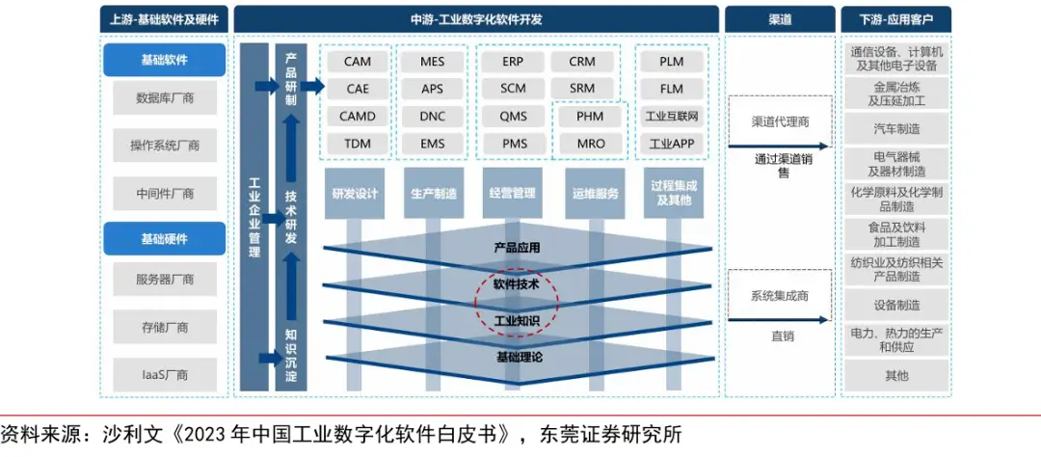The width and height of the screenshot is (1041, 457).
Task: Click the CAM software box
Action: [x=357, y=61]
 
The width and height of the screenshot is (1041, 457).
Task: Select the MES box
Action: [x=432, y=61]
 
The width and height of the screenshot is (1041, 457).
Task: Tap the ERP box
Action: [x=513, y=61]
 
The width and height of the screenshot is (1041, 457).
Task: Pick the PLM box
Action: [x=672, y=61]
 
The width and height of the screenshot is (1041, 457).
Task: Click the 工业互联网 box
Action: [x=672, y=117]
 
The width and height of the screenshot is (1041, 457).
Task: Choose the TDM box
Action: [x=357, y=144]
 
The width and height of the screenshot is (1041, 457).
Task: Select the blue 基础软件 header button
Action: [x=164, y=60]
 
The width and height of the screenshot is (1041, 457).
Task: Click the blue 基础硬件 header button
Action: [x=164, y=238]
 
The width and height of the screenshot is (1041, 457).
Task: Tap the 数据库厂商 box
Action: [x=164, y=97]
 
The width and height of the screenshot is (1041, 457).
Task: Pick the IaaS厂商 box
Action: [x=164, y=375]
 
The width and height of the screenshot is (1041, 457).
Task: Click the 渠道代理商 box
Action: [x=780, y=122]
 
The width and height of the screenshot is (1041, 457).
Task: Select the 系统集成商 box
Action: [x=780, y=296]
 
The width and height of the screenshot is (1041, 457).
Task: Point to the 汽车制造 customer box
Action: [x=895, y=128]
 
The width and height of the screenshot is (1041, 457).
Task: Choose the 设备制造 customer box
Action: [x=895, y=305]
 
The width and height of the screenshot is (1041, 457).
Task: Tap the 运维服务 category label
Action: [x=595, y=193]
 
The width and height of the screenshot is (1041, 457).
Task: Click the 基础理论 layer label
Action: [x=520, y=357]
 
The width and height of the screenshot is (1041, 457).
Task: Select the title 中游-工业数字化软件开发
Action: [x=476, y=18]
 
